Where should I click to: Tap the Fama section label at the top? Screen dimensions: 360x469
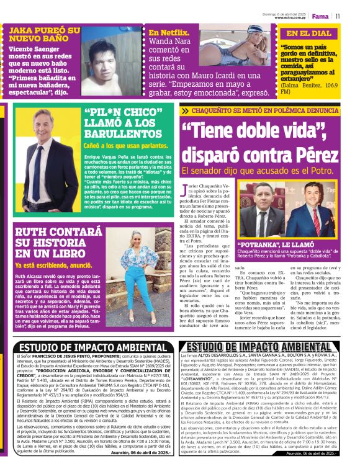tap(320, 16)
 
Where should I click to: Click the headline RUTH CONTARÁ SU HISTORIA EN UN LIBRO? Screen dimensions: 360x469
tap(47, 243)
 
